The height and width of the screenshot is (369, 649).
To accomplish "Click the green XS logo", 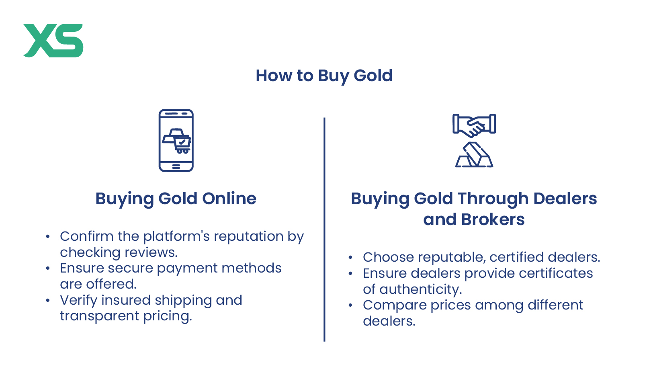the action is pyautogui.click(x=53, y=41).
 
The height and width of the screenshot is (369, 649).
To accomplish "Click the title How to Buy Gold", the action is pyautogui.click(x=324, y=76).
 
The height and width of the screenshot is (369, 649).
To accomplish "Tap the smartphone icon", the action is pyautogui.click(x=176, y=141).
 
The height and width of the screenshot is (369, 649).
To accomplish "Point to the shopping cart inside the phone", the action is pyautogui.click(x=182, y=144).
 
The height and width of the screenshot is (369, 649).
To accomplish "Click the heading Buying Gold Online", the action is pyautogui.click(x=176, y=199).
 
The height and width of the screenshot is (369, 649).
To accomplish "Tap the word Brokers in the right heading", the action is pyautogui.click(x=493, y=219).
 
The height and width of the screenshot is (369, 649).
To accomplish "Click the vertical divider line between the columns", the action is pyautogui.click(x=325, y=229).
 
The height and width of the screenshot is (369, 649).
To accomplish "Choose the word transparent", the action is pyautogui.click(x=99, y=316).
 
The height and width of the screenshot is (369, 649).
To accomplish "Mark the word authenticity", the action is pyautogui.click(x=421, y=290).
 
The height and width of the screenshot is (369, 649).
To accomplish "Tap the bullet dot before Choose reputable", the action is pyautogui.click(x=350, y=257).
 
